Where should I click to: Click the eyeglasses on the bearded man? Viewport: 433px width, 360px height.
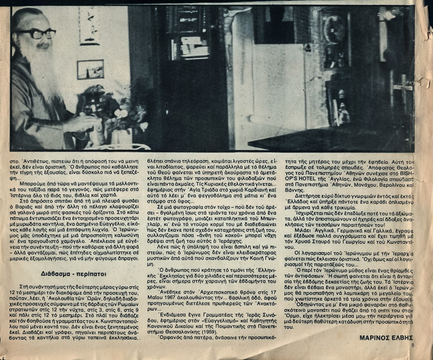pyautogui.click(x=37, y=32)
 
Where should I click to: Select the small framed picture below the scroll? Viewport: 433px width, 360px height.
pyautogui.click(x=91, y=69)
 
